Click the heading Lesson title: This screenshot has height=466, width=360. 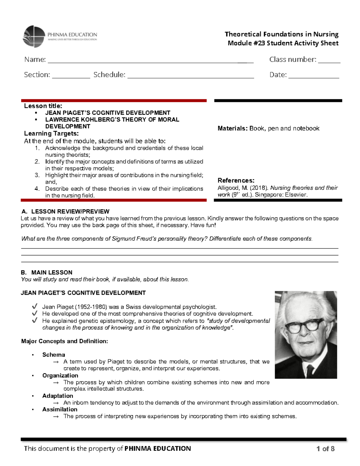click(43, 106)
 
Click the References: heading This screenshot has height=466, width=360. click(236, 180)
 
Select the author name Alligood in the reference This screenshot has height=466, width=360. click(227, 188)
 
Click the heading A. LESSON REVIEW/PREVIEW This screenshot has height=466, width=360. click(65, 211)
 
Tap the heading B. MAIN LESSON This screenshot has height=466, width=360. click(46, 272)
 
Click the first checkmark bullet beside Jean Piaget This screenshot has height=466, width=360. click(35, 306)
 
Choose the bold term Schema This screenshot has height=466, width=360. click(53, 355)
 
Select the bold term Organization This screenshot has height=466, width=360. click(60, 375)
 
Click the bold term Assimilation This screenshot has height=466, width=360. click(60, 409)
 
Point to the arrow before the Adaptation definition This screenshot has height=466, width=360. click(55, 403)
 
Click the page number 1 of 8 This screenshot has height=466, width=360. click(325, 449)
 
